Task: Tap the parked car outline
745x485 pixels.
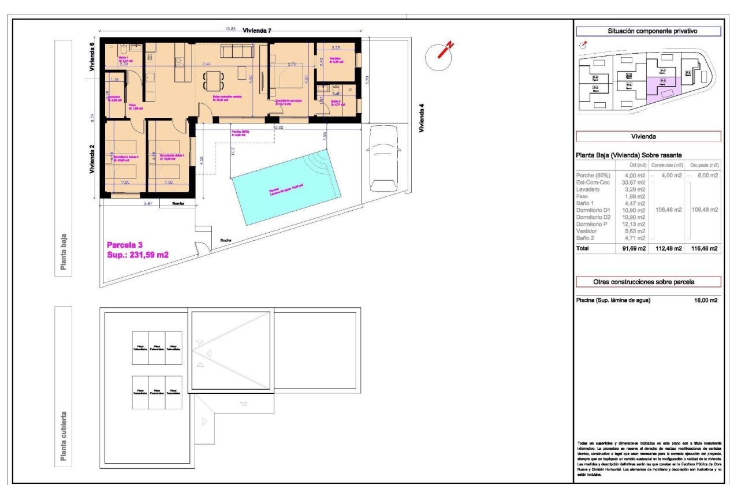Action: coord(382,156)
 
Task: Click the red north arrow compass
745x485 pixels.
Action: coord(442,53)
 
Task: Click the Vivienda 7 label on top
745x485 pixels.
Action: coord(257,31)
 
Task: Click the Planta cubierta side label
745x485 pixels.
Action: coord(64,438)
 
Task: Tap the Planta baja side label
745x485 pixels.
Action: coord(64,251)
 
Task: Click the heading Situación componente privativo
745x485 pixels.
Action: coord(649,32)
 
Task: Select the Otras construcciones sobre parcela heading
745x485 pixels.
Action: coord(649,282)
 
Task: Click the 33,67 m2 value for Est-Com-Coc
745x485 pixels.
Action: coord(633,182)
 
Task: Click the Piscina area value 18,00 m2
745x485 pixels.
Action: coord(705,300)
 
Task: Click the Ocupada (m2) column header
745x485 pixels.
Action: coord(704,166)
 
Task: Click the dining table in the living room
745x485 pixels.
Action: coord(214,80)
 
